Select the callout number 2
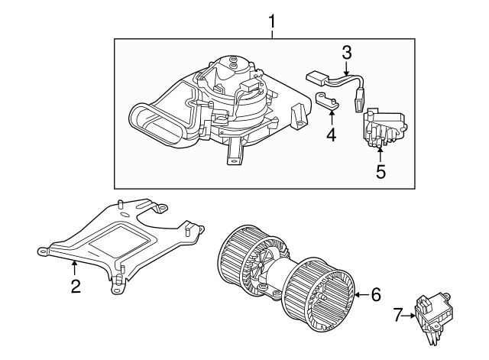[x=75, y=287]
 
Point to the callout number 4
[x=331, y=135]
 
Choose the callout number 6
[x=374, y=294]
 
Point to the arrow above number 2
[x=75, y=267]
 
